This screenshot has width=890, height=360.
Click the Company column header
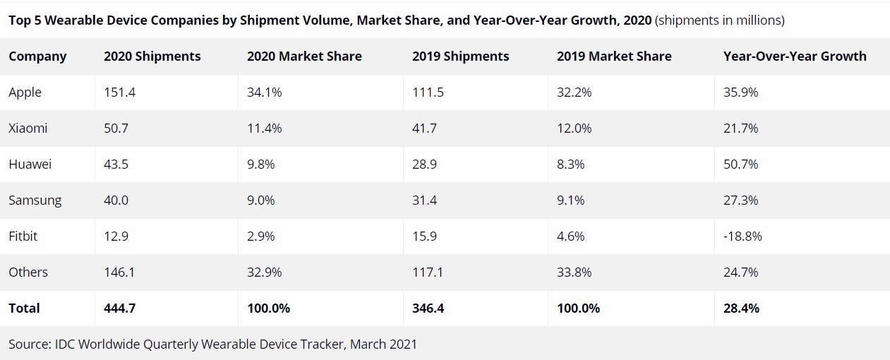pyautogui.click(x=37, y=56)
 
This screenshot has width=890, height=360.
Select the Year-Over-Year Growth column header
pyautogui.click(x=795, y=56)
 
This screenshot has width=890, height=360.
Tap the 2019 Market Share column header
pyautogui.click(x=614, y=56)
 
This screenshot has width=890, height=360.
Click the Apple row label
pyautogui.click(x=25, y=92)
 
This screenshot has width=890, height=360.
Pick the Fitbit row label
pyautogui.click(x=23, y=236)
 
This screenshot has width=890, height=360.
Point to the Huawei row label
pyautogui.click(x=30, y=164)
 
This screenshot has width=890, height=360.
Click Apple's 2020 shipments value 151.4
pyautogui.click(x=120, y=92)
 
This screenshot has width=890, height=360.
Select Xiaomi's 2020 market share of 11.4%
pyautogui.click(x=264, y=128)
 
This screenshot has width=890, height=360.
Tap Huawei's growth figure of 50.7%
pyautogui.click(x=740, y=164)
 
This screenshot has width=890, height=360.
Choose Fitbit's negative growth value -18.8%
pyautogui.click(x=742, y=236)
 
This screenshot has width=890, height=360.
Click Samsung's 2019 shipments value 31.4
pyautogui.click(x=424, y=200)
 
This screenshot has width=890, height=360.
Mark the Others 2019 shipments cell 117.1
pyautogui.click(x=428, y=272)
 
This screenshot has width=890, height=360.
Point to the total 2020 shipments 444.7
pyautogui.click(x=121, y=308)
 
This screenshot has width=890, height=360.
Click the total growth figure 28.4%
pyautogui.click(x=741, y=308)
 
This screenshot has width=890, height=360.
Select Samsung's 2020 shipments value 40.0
pyautogui.click(x=116, y=200)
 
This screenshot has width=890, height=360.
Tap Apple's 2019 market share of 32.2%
pyautogui.click(x=575, y=92)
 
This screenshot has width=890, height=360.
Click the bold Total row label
pyautogui.click(x=25, y=308)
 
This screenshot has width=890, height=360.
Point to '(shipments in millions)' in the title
pyautogui.click(x=720, y=20)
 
